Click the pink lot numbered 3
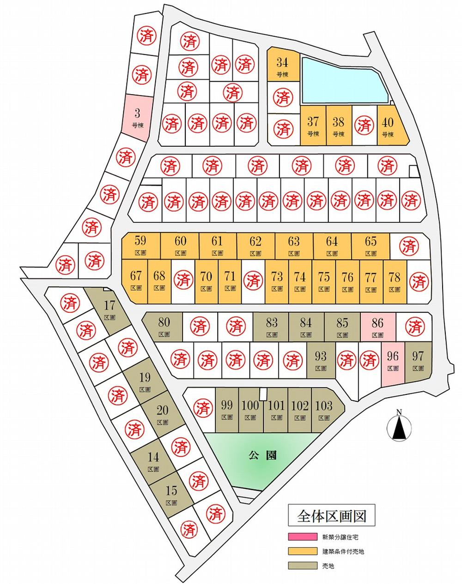(x=137, y=118)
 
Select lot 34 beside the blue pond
(x=282, y=66)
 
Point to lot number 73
(x=277, y=280)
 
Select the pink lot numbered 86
(x=377, y=327)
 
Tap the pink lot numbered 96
(x=393, y=360)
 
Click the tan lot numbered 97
(x=418, y=360)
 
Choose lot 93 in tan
(x=321, y=360)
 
